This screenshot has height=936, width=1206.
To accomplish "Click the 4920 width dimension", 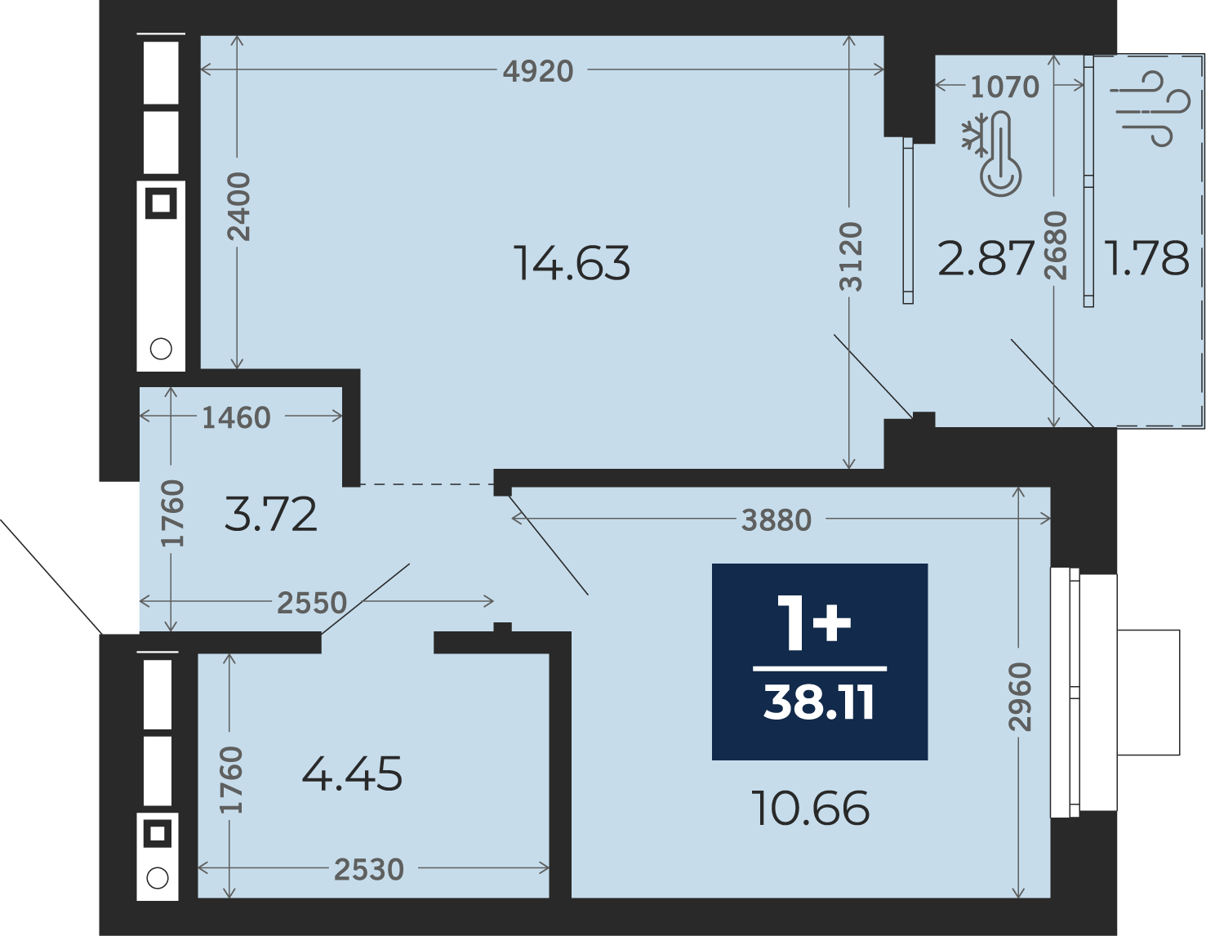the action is [538, 72].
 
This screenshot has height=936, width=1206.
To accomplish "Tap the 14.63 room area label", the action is [572, 263].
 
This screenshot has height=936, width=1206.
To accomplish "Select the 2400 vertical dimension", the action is [239, 207].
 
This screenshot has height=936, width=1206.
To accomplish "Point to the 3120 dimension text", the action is [851, 256].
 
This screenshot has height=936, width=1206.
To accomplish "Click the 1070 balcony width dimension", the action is [1004, 87].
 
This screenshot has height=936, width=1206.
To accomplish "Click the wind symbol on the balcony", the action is [1150, 109].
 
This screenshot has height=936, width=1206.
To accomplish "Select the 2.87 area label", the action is [986, 259].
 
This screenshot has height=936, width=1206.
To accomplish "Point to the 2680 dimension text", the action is [1055, 245].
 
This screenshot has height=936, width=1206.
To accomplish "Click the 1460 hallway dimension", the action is [237, 417].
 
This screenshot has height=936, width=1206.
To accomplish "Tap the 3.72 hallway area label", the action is [271, 515].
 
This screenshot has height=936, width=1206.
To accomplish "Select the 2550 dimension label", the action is [312, 603].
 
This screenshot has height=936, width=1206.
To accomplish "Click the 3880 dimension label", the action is [777, 521].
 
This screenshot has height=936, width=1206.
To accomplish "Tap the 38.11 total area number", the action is [819, 702].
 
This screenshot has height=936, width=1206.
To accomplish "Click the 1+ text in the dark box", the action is [814, 622].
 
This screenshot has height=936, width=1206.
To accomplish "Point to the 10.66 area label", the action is [810, 809].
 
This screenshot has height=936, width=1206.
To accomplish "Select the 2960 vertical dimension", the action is [1020, 697].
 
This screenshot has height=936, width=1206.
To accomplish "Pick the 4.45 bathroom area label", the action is [352, 774].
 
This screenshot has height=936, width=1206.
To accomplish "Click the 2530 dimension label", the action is [368, 870].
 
